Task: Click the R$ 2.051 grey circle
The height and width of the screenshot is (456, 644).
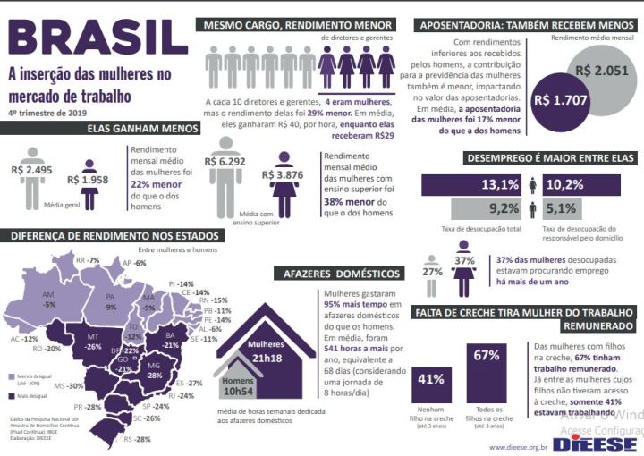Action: point(591,72)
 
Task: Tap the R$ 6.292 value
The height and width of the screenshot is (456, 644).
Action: point(224,162)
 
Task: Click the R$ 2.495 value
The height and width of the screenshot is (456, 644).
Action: point(33,169)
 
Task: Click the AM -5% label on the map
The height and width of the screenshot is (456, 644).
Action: point(48,299)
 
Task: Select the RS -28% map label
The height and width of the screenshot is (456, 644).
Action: point(138,439)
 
